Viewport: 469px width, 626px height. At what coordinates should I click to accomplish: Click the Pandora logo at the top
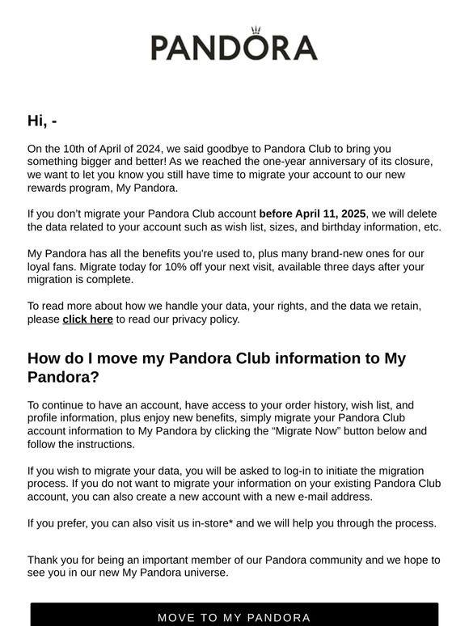(x=234, y=47)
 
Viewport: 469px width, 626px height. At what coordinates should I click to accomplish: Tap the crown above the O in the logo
(x=257, y=30)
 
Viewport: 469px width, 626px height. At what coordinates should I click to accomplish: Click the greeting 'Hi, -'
(x=42, y=121)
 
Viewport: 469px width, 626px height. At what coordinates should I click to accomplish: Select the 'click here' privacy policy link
(x=87, y=319)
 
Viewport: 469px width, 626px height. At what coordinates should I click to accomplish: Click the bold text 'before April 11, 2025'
(x=312, y=214)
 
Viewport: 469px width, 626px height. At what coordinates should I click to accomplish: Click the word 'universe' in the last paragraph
(x=206, y=573)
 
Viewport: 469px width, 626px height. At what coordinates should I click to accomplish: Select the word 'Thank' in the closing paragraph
(x=44, y=560)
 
